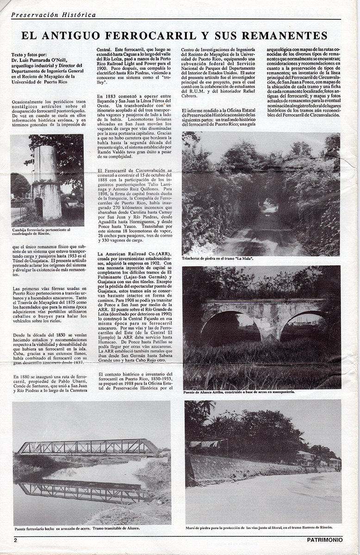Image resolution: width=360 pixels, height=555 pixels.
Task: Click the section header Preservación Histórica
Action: click(53, 15)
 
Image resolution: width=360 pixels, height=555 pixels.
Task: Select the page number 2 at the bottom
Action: click(15, 540)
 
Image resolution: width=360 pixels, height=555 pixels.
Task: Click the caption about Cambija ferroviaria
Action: click(42, 232)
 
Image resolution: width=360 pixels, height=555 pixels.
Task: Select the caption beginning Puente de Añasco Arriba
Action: click(238, 392)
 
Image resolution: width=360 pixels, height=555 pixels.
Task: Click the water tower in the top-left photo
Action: click(46, 180)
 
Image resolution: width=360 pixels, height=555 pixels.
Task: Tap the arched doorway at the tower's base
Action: click(39, 208)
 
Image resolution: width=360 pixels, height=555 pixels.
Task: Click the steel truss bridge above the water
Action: click(88, 447)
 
